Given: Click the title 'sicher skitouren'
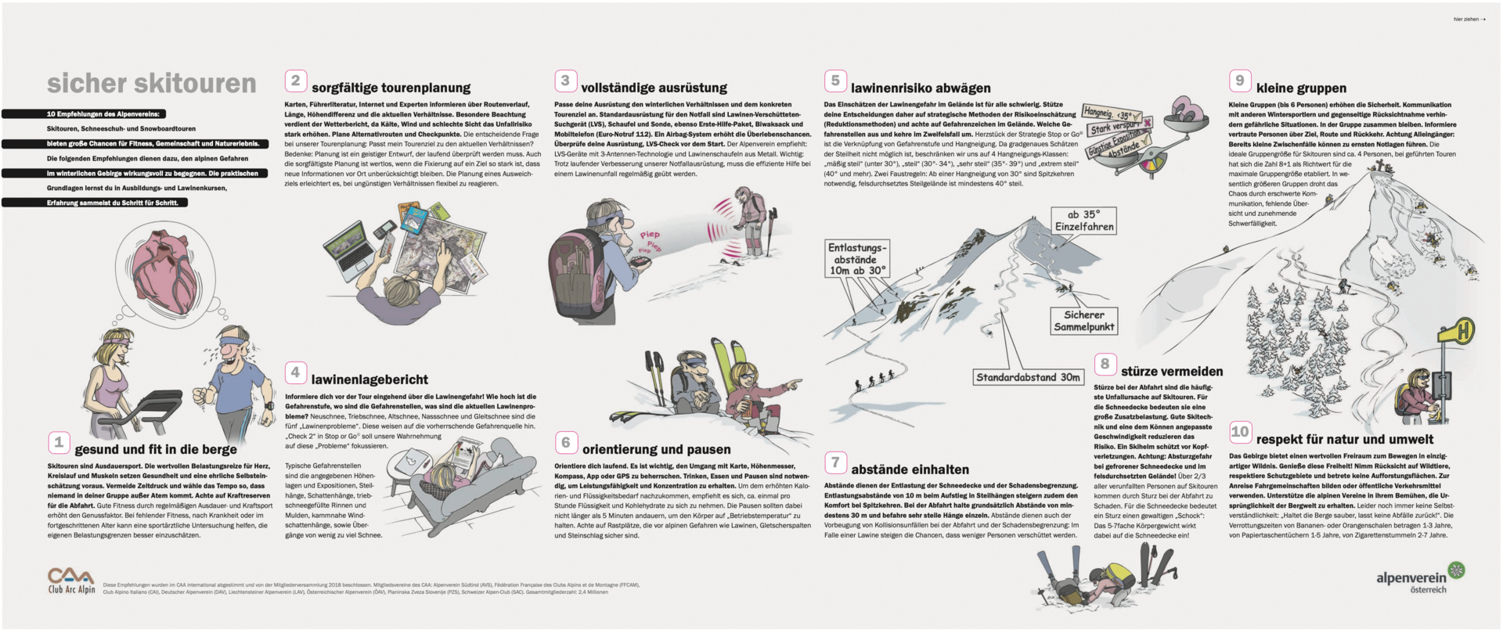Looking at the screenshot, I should (x=151, y=84).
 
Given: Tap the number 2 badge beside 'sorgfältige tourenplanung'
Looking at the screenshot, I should (x=295, y=81).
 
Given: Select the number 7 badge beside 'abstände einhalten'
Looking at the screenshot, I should (x=835, y=462).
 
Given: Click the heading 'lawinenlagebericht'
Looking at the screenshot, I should (x=369, y=380).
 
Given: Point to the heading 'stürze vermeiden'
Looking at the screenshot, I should (x=1171, y=372).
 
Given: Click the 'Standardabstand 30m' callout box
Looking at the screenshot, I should (x=1028, y=377).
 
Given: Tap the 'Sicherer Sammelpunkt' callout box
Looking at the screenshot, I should (x=1083, y=321).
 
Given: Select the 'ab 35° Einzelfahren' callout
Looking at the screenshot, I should (x=1084, y=221).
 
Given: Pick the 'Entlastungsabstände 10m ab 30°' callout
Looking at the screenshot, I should (x=856, y=259).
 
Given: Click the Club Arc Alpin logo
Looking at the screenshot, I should (x=71, y=581).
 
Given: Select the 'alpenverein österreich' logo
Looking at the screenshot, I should (x=1419, y=579).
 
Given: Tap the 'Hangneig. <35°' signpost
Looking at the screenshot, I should (x=1108, y=114).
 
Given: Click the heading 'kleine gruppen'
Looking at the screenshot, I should (x=1301, y=88).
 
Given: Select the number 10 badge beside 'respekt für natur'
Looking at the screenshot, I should (x=1239, y=432).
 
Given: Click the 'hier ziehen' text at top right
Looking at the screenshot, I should (x=1469, y=20).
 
